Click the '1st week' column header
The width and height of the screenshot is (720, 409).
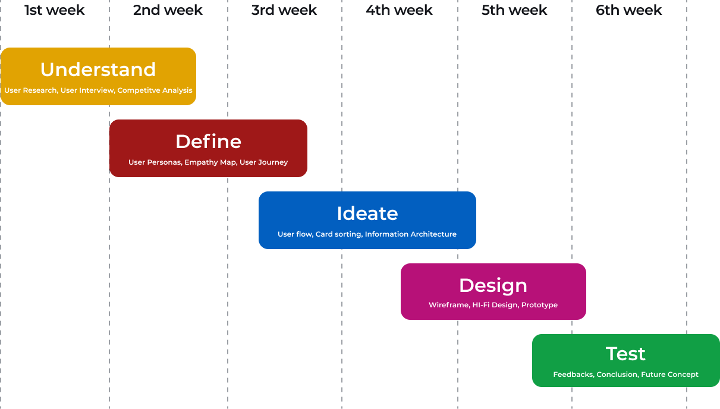tap(55, 10)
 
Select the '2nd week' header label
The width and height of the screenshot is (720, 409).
tap(168, 10)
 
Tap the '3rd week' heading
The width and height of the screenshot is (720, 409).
tap(284, 10)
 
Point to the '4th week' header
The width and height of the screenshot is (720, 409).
tap(399, 10)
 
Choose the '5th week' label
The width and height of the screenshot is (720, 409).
tap(514, 10)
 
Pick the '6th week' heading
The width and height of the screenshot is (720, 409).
tap(629, 10)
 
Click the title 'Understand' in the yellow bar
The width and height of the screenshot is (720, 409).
tap(98, 70)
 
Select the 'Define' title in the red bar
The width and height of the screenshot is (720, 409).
tap(208, 141)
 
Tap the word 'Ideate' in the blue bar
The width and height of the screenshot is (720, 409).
tap(367, 213)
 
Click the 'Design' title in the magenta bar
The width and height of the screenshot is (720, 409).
tap(493, 285)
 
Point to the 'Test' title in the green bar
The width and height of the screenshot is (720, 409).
tap(625, 354)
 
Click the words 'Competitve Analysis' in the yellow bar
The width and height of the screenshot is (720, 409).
tap(155, 90)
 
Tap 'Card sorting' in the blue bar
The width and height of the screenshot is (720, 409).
tap(338, 234)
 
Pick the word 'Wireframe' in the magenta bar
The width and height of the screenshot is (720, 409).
tap(448, 305)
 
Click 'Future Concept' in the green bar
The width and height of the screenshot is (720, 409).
tap(669, 375)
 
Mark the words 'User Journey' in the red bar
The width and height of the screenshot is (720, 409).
tap(263, 162)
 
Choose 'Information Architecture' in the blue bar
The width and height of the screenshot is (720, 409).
tap(411, 234)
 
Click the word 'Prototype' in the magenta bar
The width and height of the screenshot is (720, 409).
tap(539, 305)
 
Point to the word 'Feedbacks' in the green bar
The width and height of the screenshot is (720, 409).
tap(573, 375)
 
